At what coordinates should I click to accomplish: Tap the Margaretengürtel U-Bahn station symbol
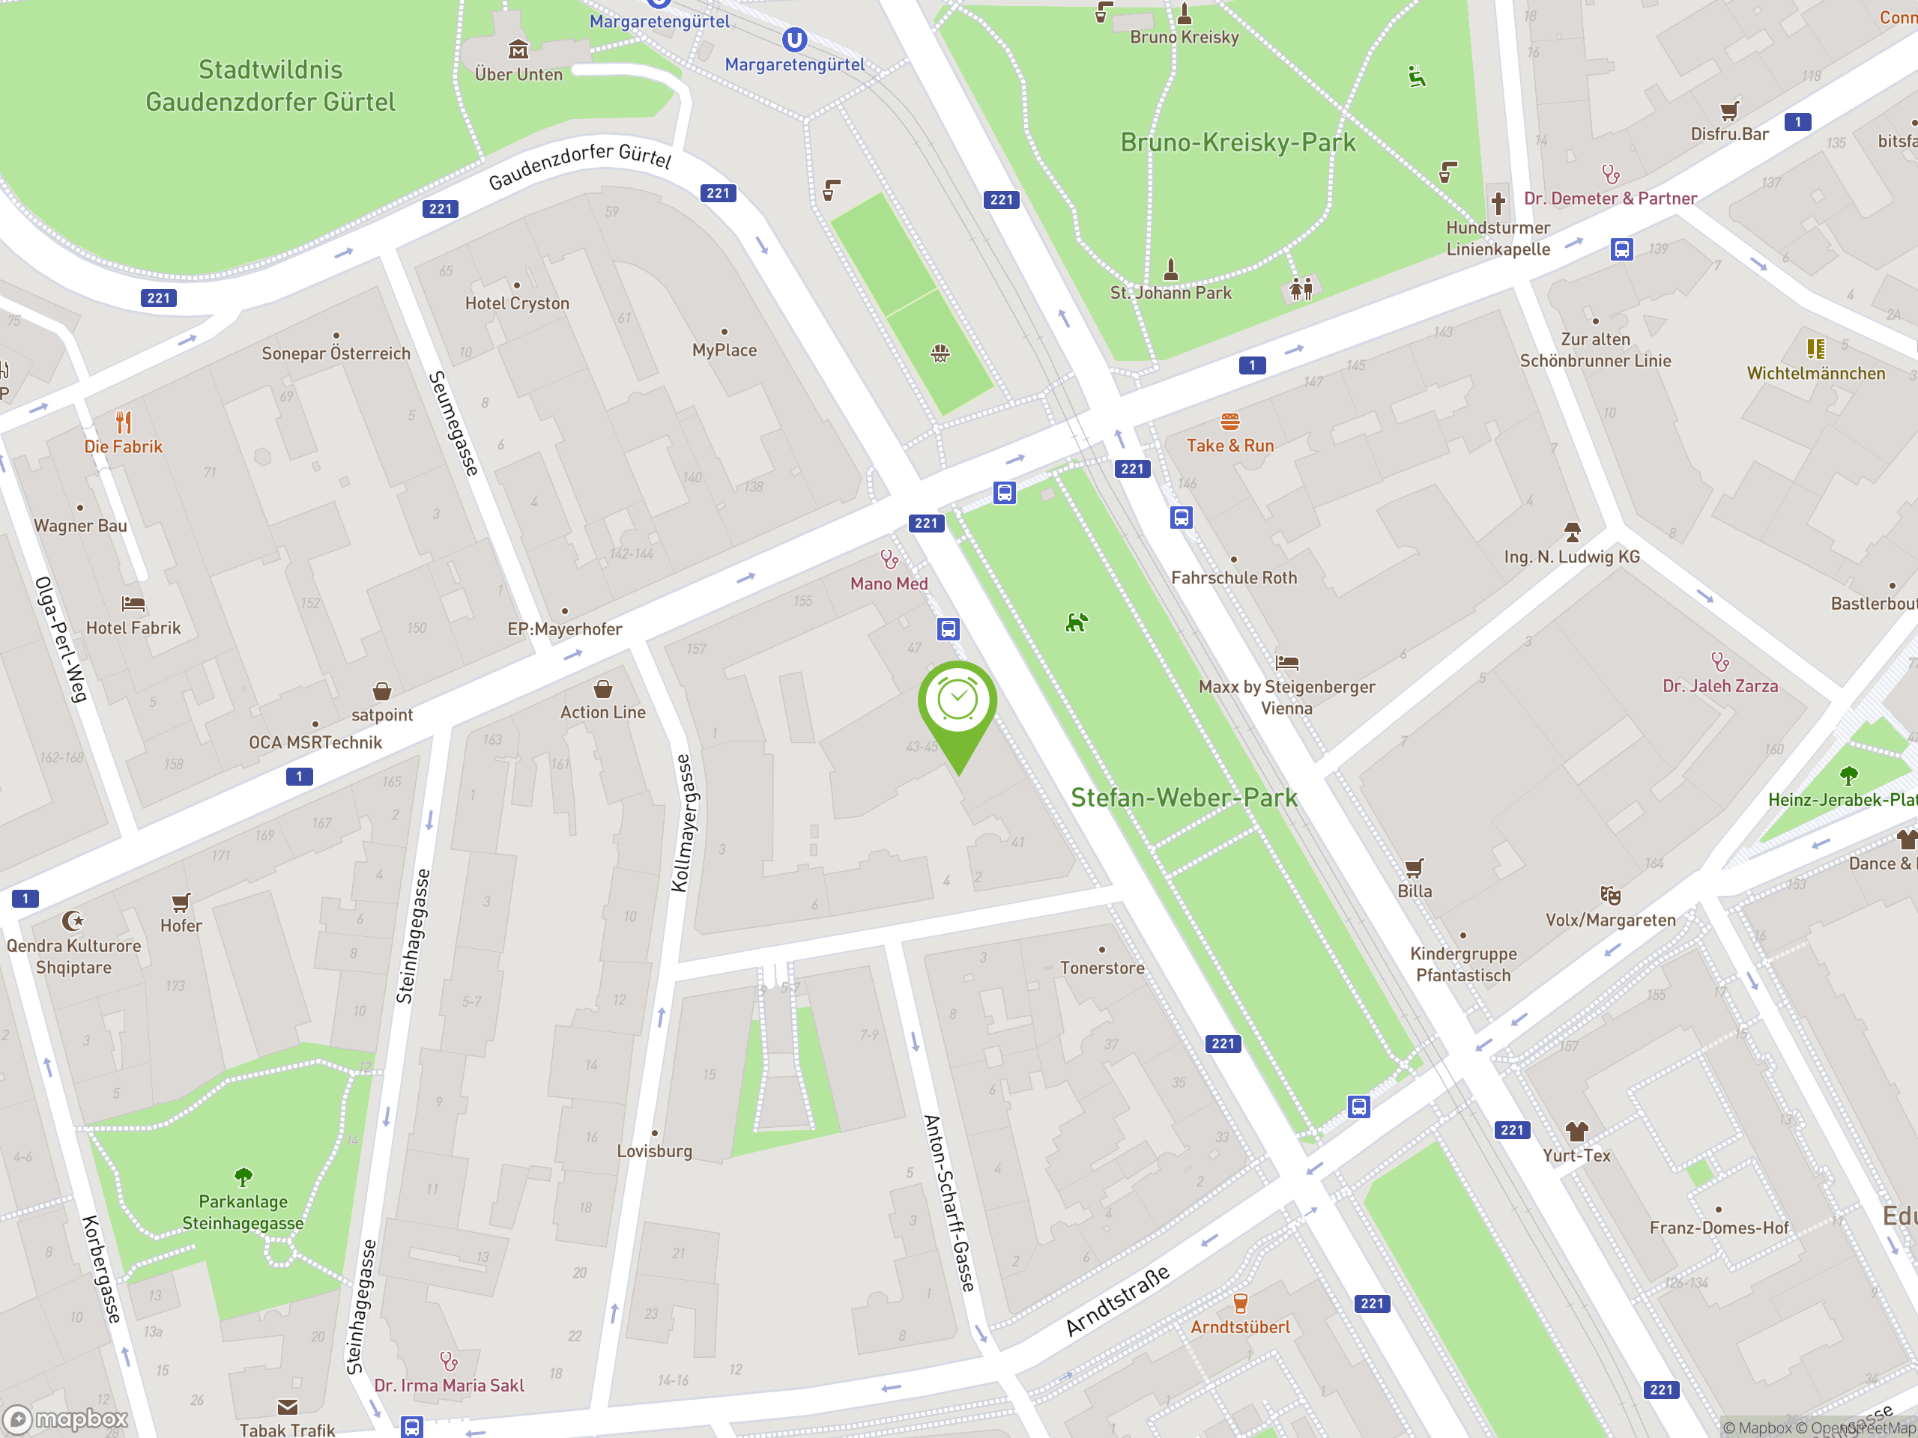point(794,39)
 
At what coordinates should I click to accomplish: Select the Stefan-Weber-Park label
point(1184,798)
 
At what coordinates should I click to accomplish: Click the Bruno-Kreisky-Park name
point(1238,142)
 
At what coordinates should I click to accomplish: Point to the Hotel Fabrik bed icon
point(133,603)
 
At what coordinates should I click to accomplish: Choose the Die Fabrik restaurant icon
point(124,422)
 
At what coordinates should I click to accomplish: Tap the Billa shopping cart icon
point(1415,867)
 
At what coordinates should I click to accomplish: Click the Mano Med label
point(889,583)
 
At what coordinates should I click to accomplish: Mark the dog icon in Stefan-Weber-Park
point(1076,622)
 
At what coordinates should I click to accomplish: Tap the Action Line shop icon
point(602,689)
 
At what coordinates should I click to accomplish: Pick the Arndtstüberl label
point(1240,1327)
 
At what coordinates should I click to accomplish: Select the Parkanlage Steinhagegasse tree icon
point(243,1176)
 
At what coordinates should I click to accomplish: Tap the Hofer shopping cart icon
point(181,902)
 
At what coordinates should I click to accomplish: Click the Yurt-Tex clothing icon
point(1576,1131)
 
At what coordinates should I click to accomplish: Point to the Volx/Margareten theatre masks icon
point(1610,894)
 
